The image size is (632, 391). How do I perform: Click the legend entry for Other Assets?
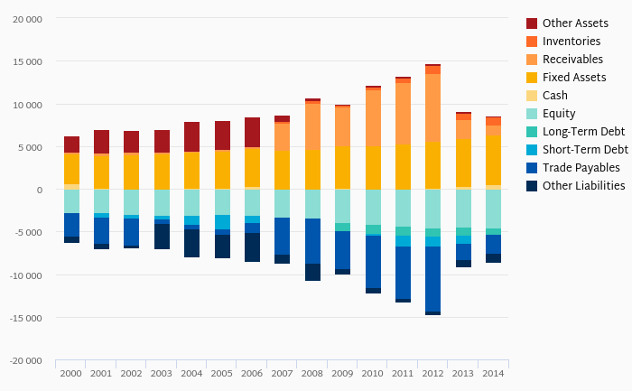point(575,23)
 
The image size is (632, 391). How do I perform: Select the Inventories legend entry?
point(572,42)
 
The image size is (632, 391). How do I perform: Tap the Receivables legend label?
point(572,60)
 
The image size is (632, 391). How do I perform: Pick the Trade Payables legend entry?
point(581,168)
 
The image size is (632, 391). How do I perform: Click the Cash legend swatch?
point(532,96)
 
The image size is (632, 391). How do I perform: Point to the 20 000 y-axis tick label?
point(26,19)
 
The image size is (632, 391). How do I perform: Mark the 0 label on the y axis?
point(39,190)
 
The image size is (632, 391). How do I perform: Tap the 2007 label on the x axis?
point(283,373)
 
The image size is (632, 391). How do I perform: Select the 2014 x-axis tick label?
point(493,373)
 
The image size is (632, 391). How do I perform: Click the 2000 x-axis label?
point(71,373)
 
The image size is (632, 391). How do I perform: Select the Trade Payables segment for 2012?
point(433,279)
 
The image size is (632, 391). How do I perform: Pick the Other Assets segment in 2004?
point(192,136)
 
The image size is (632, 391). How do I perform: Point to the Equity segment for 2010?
point(373,207)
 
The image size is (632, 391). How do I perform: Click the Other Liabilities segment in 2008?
point(312,272)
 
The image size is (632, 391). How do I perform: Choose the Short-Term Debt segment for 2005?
point(222,222)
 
